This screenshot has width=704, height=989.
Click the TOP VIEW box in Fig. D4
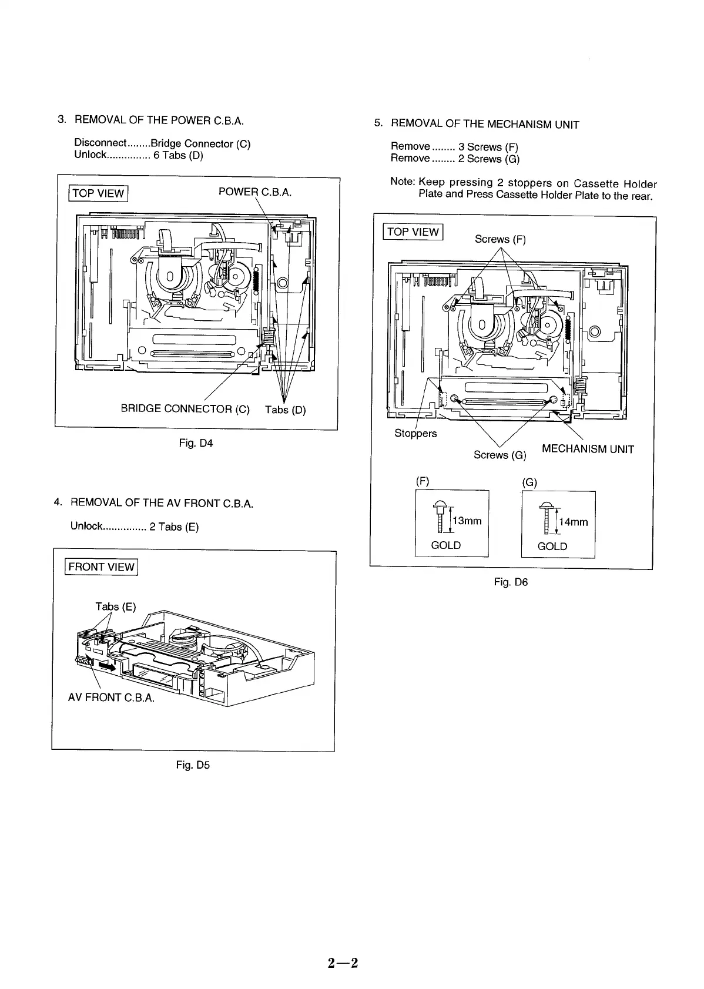(98, 193)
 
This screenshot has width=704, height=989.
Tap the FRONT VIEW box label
(101, 567)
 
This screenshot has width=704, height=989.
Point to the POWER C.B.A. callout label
(255, 192)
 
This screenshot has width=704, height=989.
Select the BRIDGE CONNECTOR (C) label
(185, 409)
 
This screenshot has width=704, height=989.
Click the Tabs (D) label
(286, 410)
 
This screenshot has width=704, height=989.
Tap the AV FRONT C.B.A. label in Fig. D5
(111, 698)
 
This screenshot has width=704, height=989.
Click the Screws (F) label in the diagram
(500, 239)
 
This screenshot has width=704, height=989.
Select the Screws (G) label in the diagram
(500, 455)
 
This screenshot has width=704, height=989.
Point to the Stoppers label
(415, 434)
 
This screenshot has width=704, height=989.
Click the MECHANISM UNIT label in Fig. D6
(588, 450)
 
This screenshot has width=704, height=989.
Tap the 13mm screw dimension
(467, 521)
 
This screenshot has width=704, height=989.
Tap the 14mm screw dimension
(574, 522)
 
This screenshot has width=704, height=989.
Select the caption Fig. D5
(193, 765)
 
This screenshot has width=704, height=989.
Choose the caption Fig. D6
(511, 582)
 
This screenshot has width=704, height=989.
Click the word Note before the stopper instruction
(402, 182)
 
